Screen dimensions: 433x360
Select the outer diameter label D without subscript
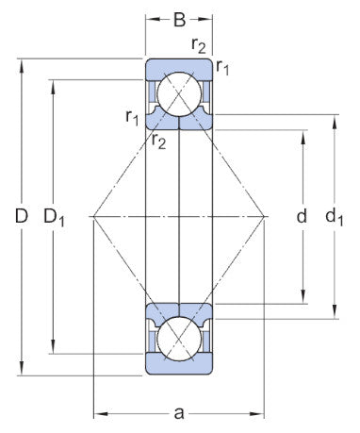click(x=21, y=217)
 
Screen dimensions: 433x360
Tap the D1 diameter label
click(x=56, y=218)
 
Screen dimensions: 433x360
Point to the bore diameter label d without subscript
click(x=302, y=217)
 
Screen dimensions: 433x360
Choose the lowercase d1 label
click(x=335, y=218)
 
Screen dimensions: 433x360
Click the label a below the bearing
click(x=179, y=412)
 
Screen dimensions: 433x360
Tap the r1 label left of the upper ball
click(x=133, y=117)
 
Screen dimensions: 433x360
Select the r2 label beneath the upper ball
click(x=158, y=142)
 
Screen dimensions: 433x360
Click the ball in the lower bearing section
click(x=179, y=340)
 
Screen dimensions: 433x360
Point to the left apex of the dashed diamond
click(x=91, y=218)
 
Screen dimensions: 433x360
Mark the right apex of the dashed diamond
click(x=268, y=218)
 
